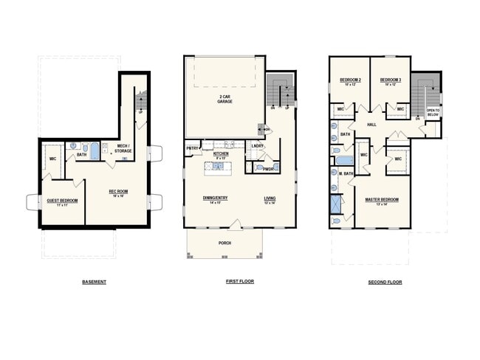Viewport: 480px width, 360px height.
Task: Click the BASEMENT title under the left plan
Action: (x=94, y=282)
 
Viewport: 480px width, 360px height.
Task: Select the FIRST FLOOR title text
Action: (x=239, y=282)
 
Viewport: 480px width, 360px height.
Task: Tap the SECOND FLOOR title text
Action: (x=385, y=282)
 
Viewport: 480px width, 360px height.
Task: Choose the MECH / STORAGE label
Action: (x=124, y=148)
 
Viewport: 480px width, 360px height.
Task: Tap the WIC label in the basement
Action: (x=53, y=159)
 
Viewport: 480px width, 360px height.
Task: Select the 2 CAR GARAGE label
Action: (x=224, y=99)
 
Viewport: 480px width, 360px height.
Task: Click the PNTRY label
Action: (x=192, y=148)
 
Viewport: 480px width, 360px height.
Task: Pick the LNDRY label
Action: (x=257, y=145)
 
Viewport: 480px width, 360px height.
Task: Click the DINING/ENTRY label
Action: (x=216, y=198)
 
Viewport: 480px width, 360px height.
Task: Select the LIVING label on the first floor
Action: (x=270, y=198)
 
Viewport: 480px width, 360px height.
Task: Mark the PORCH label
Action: (x=224, y=243)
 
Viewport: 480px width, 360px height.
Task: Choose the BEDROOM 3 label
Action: (x=391, y=80)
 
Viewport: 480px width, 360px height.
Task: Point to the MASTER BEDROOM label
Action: (x=382, y=200)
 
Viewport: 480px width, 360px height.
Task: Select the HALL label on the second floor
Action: (x=371, y=125)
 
